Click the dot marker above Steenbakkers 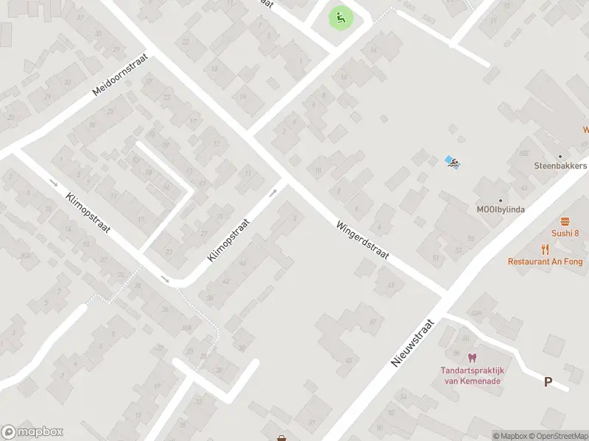(560, 156)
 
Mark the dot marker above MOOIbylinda (501, 201)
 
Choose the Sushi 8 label (565, 233)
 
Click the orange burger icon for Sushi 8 (565, 221)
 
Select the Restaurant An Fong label (545, 261)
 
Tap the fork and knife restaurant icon (545, 249)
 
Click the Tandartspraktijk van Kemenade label (470, 376)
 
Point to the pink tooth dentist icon (472, 357)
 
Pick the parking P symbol (548, 381)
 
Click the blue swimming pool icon (452, 162)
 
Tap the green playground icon (339, 18)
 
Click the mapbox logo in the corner (32, 432)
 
